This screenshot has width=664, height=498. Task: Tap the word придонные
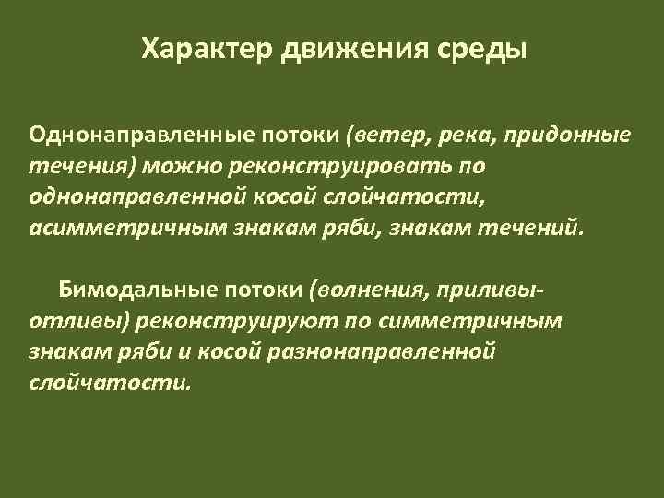(571, 136)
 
